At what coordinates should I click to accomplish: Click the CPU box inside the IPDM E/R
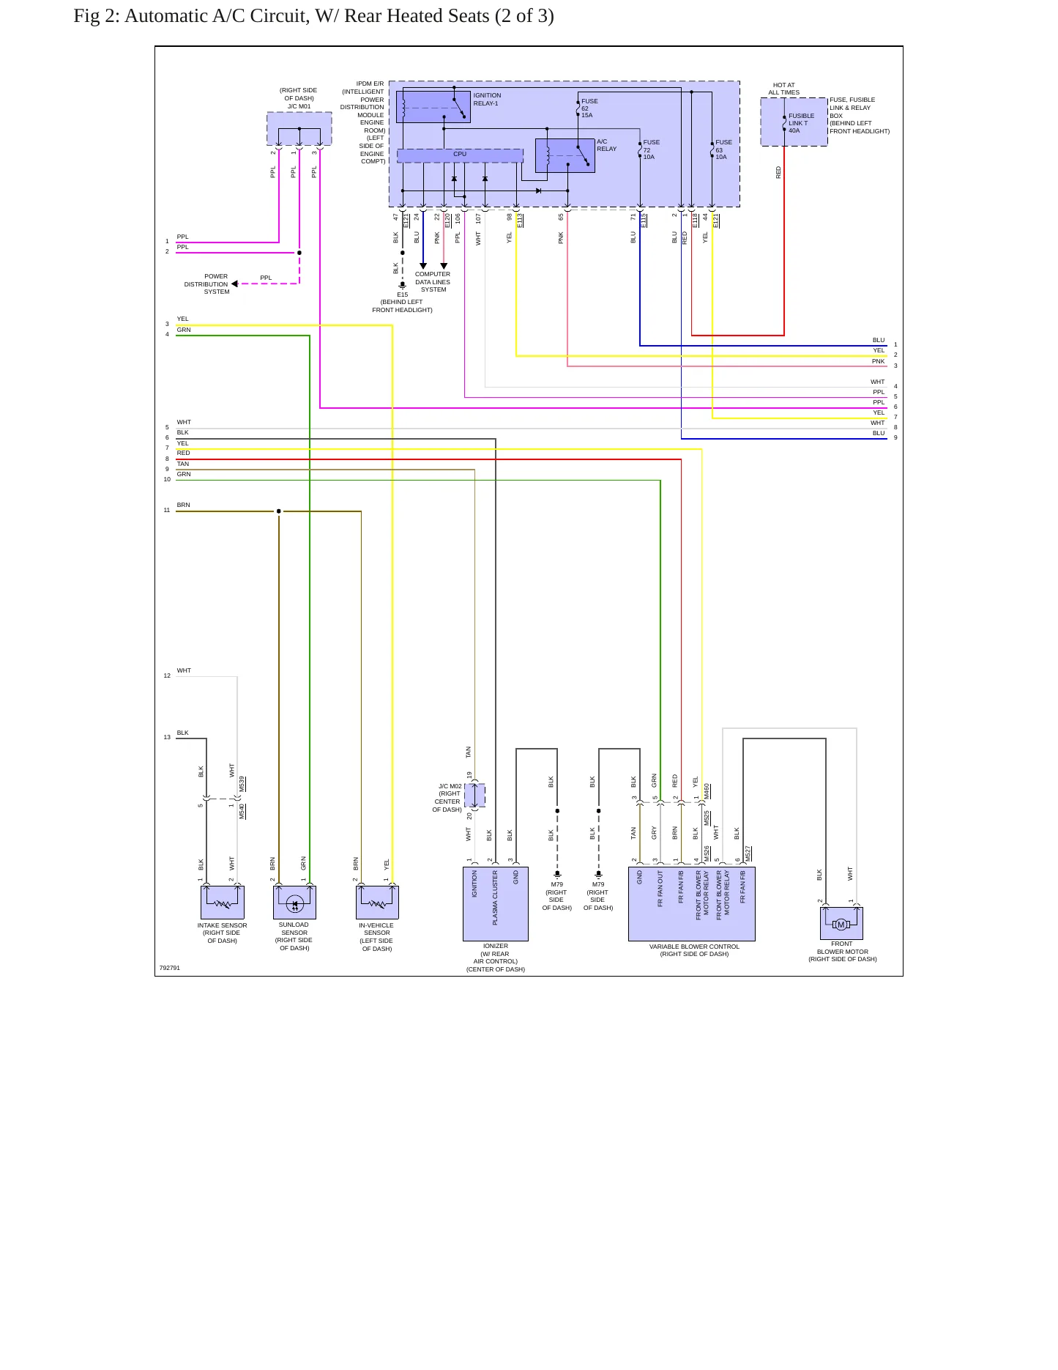(x=460, y=155)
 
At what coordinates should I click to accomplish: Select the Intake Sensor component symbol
(x=222, y=902)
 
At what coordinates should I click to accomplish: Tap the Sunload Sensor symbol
(x=294, y=902)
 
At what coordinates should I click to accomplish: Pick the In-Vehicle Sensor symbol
(x=377, y=902)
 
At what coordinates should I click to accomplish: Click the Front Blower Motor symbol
(x=841, y=923)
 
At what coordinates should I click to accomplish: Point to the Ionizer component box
(x=496, y=904)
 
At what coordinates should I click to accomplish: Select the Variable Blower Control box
(x=692, y=904)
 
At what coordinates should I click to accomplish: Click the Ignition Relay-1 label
(x=487, y=100)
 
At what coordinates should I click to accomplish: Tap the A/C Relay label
(x=606, y=145)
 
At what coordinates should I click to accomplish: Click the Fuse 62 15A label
(x=589, y=108)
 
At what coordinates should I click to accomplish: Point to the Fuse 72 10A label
(x=651, y=149)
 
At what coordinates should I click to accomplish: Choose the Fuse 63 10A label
(x=723, y=149)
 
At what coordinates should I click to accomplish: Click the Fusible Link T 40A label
(x=801, y=123)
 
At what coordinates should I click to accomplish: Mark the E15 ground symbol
(x=402, y=285)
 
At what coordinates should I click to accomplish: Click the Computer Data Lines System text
(x=433, y=282)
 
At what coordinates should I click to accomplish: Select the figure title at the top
(x=313, y=16)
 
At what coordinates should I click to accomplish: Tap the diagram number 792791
(x=170, y=968)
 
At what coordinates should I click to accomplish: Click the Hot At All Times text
(x=783, y=89)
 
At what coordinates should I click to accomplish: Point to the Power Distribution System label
(x=207, y=284)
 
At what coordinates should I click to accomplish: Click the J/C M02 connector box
(x=474, y=796)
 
